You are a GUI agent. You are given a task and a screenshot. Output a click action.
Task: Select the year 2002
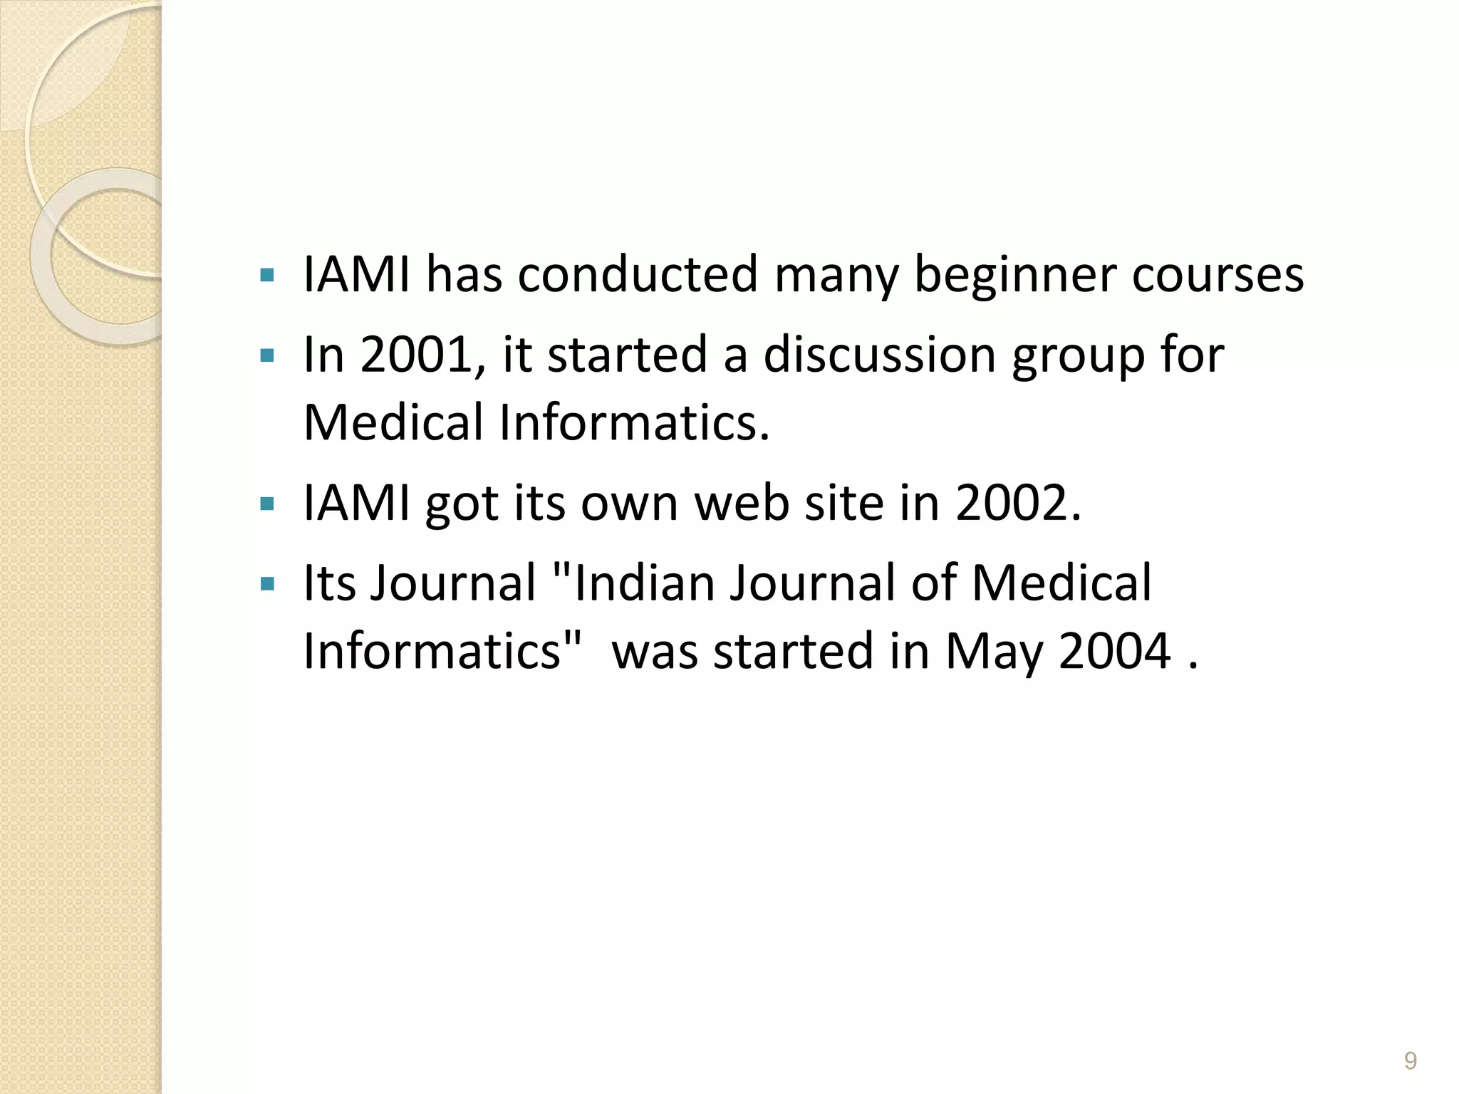click(x=1011, y=503)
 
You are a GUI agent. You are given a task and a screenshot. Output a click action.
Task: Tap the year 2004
click(x=1115, y=650)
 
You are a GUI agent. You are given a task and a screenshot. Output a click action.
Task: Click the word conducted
click(x=638, y=275)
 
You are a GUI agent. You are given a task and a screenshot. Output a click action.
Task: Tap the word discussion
click(x=879, y=354)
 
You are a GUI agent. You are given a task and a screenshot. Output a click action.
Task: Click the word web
click(x=742, y=503)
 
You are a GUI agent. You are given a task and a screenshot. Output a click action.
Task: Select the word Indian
click(x=643, y=582)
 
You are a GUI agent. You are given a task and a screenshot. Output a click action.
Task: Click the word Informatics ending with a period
click(x=635, y=422)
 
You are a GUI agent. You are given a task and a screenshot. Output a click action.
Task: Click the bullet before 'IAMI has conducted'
click(x=267, y=276)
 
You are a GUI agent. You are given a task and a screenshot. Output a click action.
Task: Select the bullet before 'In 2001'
click(x=267, y=355)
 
